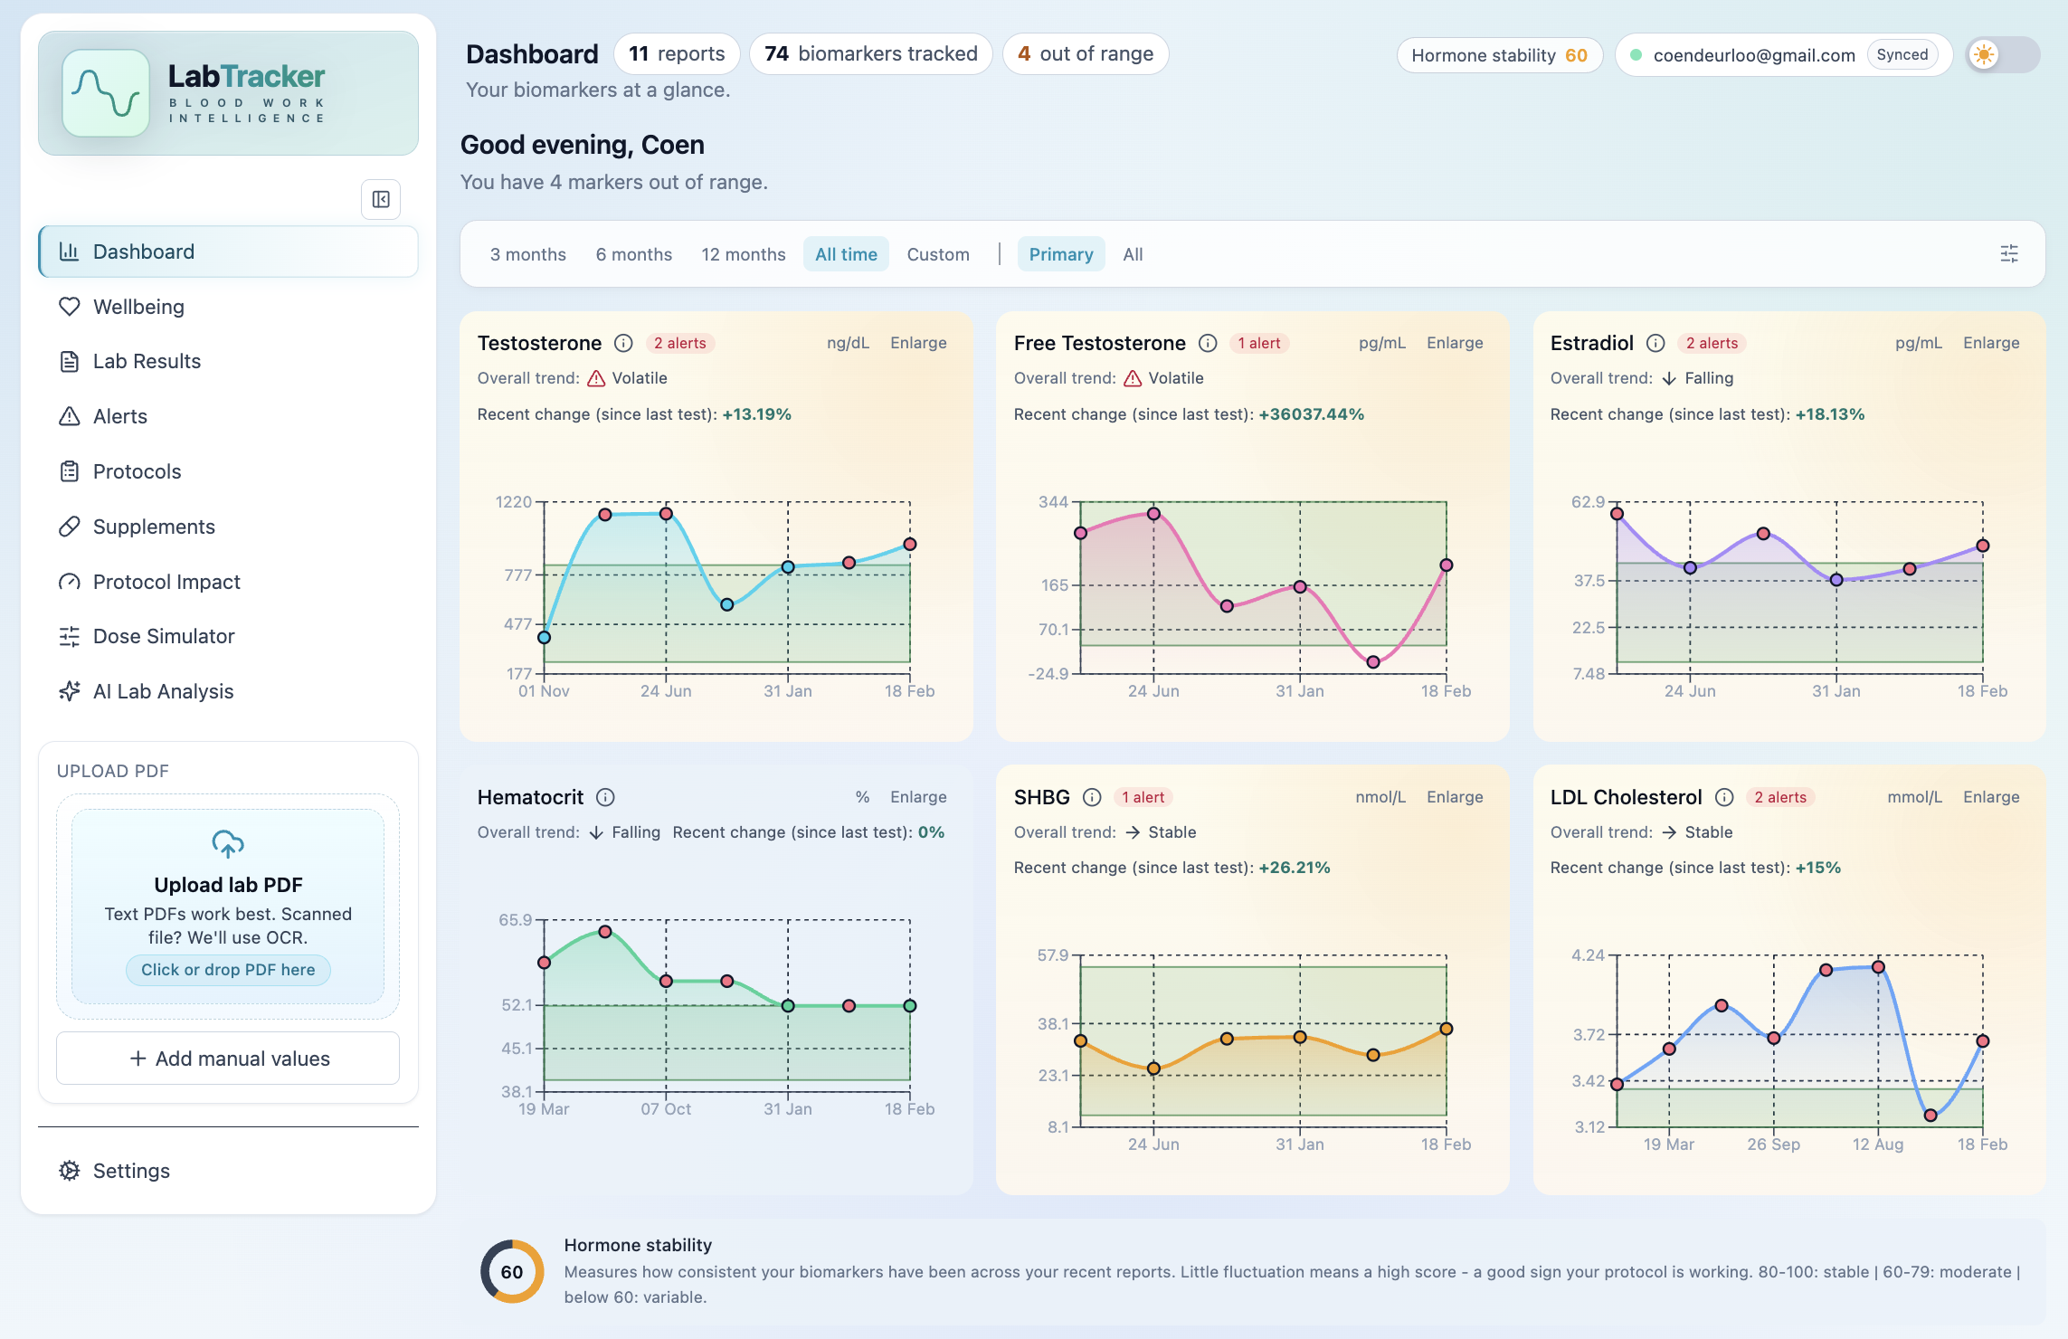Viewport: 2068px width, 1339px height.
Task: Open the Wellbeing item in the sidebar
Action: point(138,307)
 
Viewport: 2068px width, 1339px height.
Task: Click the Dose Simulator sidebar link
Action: point(163,636)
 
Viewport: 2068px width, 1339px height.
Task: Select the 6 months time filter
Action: point(633,254)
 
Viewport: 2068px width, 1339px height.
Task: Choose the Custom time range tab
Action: point(937,254)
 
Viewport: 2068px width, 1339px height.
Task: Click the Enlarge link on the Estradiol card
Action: point(1990,343)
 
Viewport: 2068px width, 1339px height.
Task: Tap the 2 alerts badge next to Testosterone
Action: point(679,343)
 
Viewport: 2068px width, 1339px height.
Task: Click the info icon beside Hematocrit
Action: point(605,797)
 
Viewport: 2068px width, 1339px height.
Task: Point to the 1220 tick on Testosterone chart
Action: point(514,502)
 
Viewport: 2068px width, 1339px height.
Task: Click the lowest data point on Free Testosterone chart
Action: point(1372,662)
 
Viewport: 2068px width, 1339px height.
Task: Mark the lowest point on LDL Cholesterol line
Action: point(1930,1116)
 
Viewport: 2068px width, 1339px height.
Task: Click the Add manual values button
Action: point(228,1059)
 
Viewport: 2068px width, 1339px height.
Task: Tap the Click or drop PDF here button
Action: point(228,970)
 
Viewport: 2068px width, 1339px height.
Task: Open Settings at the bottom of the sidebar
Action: point(131,1171)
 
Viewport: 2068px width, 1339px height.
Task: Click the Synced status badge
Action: point(1902,54)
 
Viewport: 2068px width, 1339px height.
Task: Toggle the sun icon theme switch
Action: point(2002,54)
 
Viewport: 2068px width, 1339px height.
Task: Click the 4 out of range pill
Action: point(1085,54)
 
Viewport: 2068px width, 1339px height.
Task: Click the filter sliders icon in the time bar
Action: point(2008,254)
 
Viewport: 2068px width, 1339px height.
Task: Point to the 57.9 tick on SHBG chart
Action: point(1052,955)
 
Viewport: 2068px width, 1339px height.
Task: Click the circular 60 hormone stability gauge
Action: point(512,1271)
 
